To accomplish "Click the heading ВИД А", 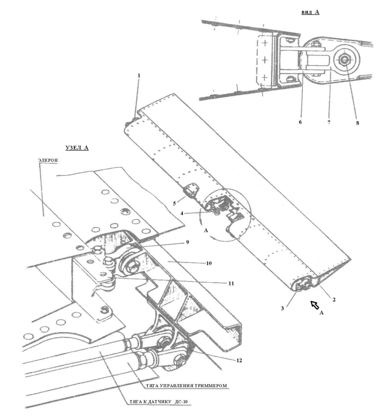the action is coord(310,12).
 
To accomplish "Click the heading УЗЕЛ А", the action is coord(77,148).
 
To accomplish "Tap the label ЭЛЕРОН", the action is coord(48,160).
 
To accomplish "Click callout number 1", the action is coord(139,75).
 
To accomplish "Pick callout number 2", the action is coord(334,300).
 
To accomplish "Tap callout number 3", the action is coord(282,308).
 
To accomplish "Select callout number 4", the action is coord(182,214).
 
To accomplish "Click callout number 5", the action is coord(175,203).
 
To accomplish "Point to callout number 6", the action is coord(300,122).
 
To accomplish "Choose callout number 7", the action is coord(329,123).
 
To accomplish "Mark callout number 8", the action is coord(358,123).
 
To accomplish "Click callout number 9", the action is coord(187,242).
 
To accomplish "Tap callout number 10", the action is coord(209,263).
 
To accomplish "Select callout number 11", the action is coord(231,283).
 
